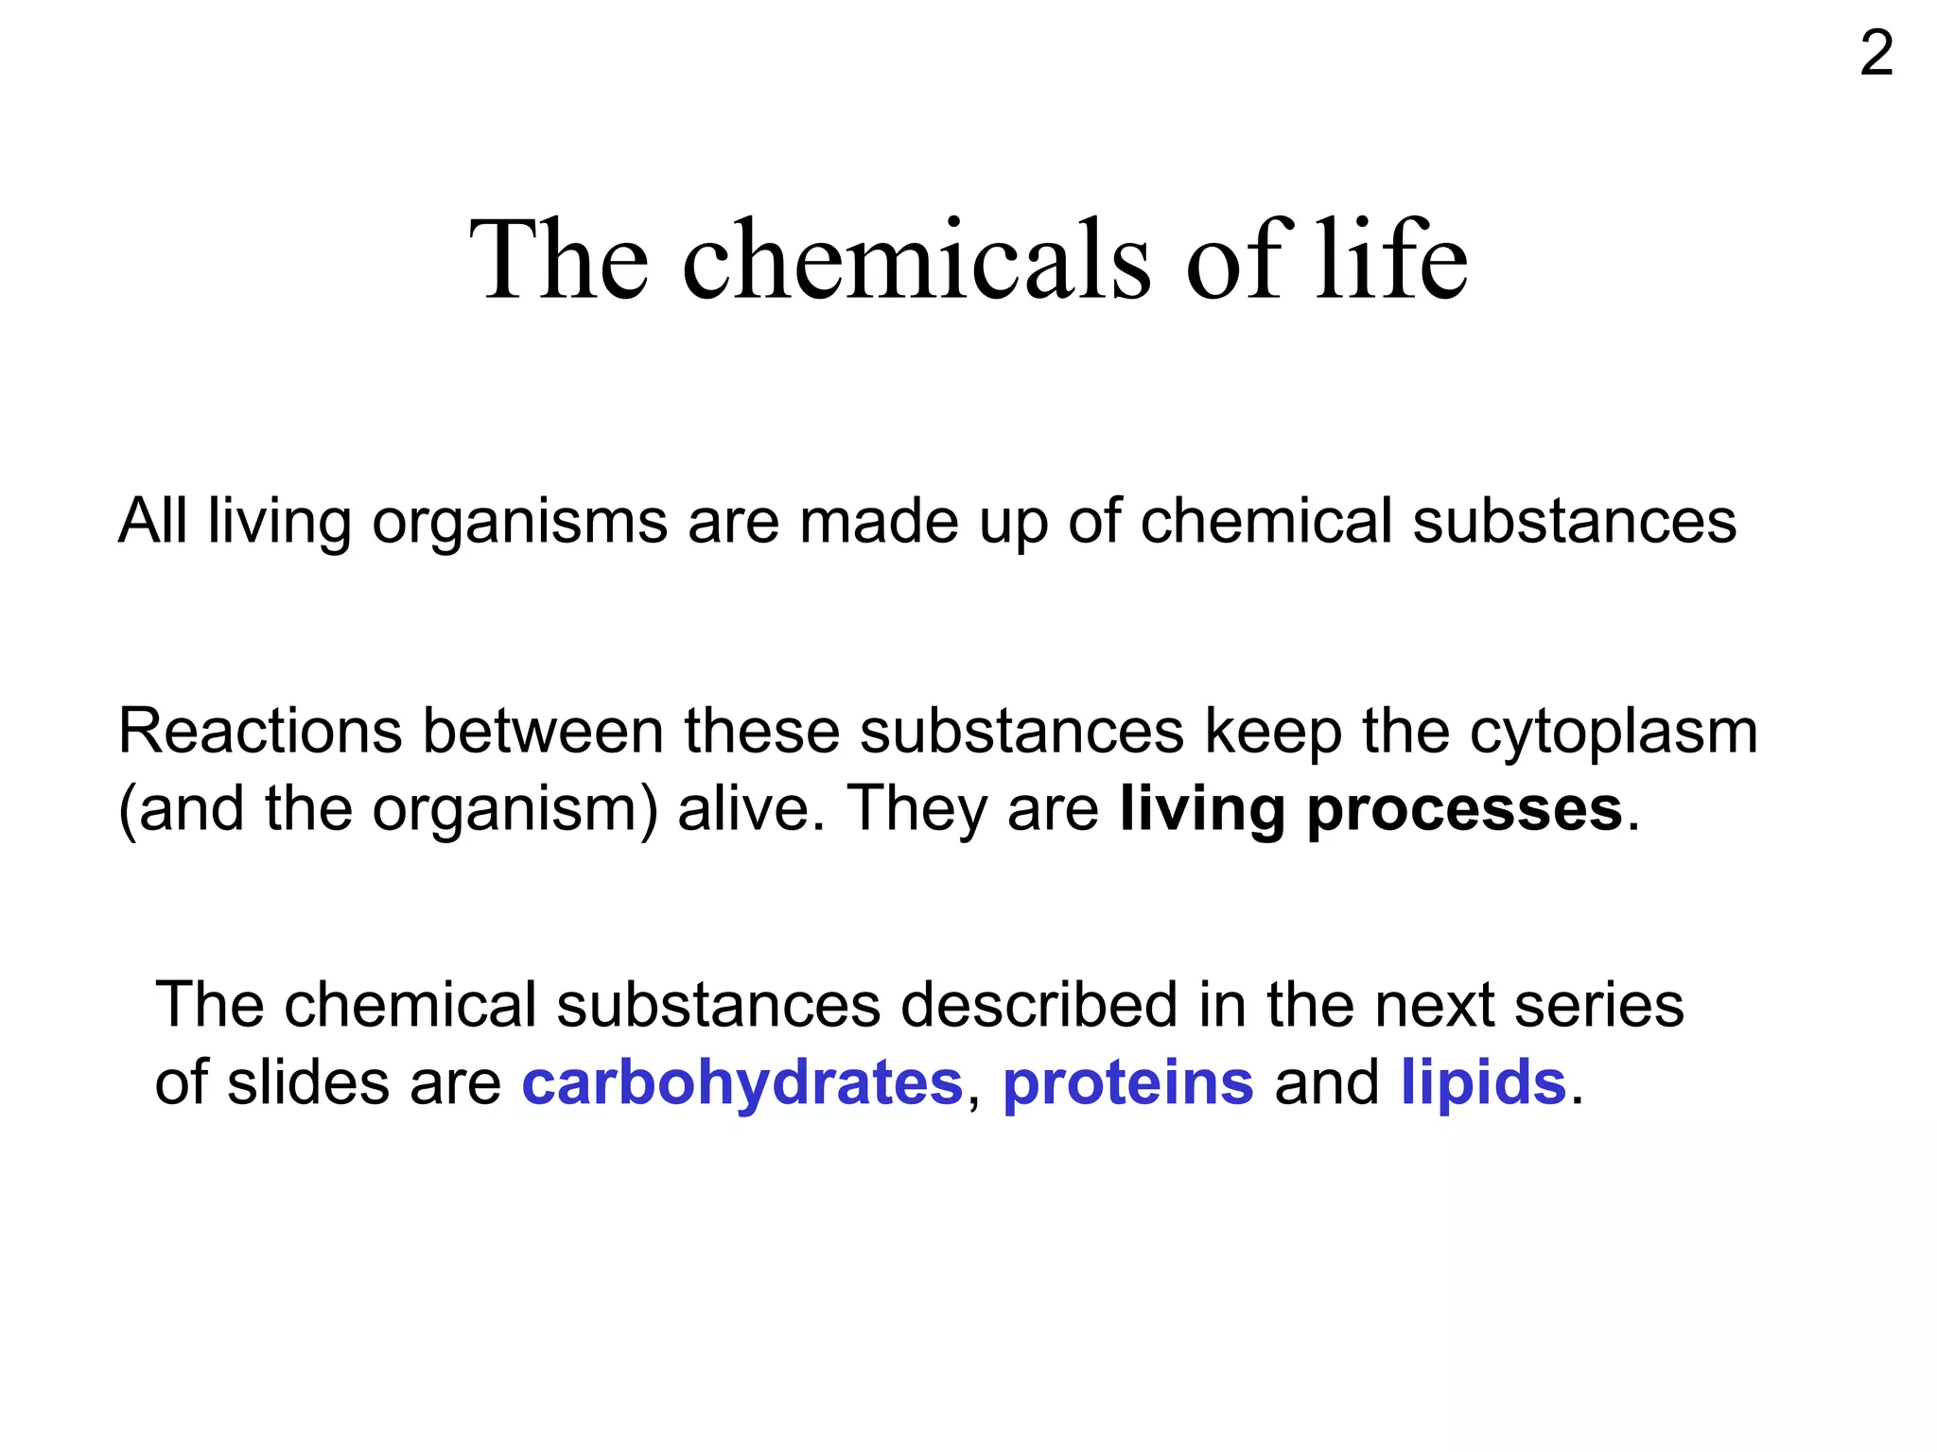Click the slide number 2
coord(1876,54)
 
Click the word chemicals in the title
coord(916,260)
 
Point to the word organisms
coord(519,523)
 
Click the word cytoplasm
coord(1614,734)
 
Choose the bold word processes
coord(1465,811)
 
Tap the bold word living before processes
coord(1202,811)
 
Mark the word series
coord(1599,1004)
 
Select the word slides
coord(308,1082)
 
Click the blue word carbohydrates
coord(742,1083)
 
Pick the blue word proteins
coord(1128,1083)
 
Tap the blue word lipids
coord(1483,1083)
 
